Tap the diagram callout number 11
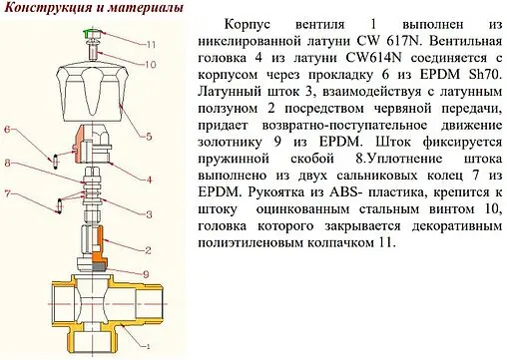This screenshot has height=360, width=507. pos(152,45)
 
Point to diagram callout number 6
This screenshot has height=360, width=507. pos(8,131)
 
